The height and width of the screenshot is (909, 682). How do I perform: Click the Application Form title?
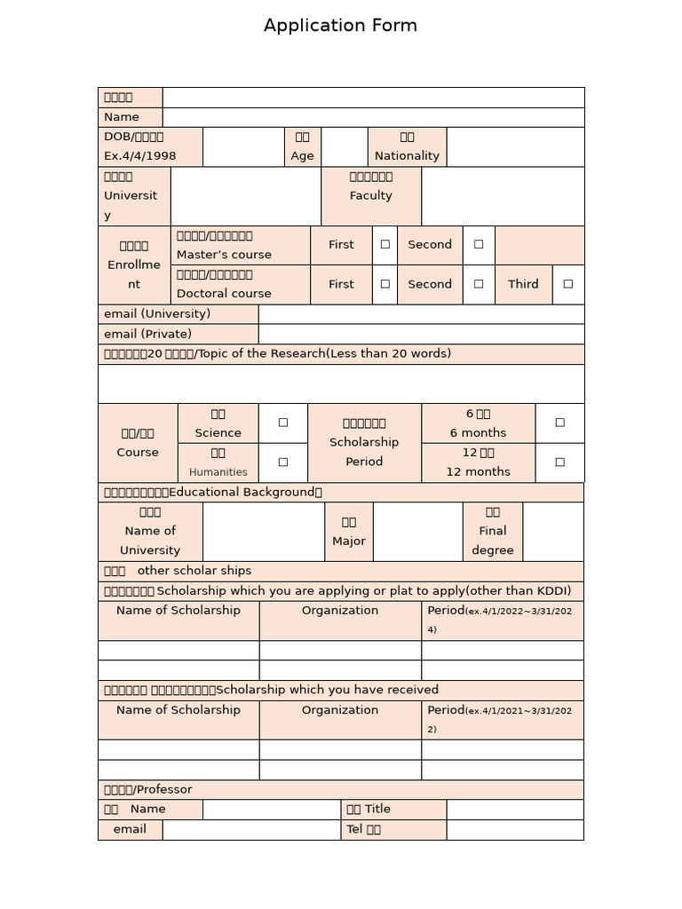[x=340, y=26]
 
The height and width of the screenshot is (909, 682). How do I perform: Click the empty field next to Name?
[x=373, y=117]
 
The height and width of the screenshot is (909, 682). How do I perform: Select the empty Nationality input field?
[x=515, y=146]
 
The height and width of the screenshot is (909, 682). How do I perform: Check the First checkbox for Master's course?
[x=385, y=245]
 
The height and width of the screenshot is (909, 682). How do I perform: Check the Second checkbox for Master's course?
[x=479, y=245]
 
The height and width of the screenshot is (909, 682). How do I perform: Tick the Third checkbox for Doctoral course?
[x=568, y=285]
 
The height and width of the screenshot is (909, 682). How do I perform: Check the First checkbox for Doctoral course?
[x=385, y=285]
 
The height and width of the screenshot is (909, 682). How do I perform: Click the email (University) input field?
[x=421, y=314]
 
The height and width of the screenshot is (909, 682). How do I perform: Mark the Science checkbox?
[x=283, y=423]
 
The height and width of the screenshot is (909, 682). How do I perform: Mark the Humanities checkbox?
[x=283, y=462]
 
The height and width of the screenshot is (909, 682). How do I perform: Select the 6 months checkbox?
[x=559, y=423]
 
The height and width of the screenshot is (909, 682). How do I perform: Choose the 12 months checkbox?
[x=559, y=462]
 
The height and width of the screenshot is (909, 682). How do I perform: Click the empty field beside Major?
[x=417, y=532]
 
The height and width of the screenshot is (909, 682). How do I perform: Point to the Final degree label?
[x=493, y=532]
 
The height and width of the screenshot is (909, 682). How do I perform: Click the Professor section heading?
[x=148, y=789]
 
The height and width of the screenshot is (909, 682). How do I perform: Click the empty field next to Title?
[x=515, y=809]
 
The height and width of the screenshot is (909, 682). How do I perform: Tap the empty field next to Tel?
[x=515, y=829]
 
